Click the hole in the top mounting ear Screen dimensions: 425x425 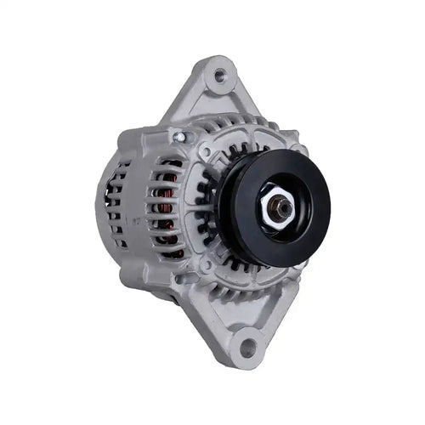[220, 76]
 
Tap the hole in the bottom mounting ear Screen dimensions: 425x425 [247, 346]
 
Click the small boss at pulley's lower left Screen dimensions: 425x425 [204, 265]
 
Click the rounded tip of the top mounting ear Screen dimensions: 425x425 [223, 60]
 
